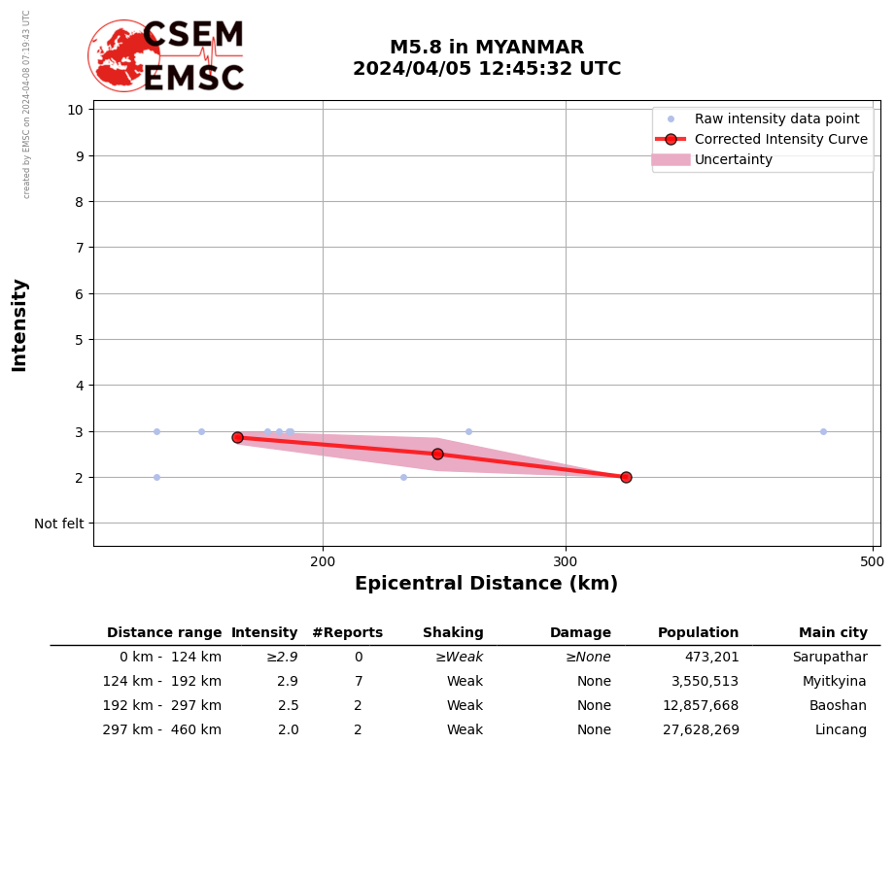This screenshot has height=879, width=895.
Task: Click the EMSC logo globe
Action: coord(124,55)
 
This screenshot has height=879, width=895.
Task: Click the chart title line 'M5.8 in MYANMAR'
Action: coord(487,48)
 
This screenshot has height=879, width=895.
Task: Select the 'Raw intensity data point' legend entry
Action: coord(776,118)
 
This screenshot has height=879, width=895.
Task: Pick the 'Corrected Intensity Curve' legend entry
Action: coord(780,139)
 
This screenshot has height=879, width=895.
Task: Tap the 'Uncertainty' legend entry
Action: coord(733,159)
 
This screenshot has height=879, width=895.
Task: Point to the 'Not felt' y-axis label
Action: coord(59,524)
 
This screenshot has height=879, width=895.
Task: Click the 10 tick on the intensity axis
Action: coord(75,109)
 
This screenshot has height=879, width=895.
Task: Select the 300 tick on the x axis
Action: coord(566,561)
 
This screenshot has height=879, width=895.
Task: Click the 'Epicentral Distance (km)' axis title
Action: coord(486,584)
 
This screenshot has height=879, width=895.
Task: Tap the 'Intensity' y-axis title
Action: coord(19,324)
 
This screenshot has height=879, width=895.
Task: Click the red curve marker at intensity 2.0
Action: coord(626,477)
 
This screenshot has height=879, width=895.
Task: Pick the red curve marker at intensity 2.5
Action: coord(437,454)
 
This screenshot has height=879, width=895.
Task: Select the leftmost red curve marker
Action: coord(237,437)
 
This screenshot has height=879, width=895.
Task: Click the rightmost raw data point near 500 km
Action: coord(823,431)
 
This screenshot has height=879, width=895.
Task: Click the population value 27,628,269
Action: coord(701,730)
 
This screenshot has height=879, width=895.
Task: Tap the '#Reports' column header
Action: coord(347,633)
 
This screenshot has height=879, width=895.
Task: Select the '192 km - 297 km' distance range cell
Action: coord(161,706)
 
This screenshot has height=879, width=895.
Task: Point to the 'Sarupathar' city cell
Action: coord(829,658)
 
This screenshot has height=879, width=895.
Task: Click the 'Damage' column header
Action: coord(580,633)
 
